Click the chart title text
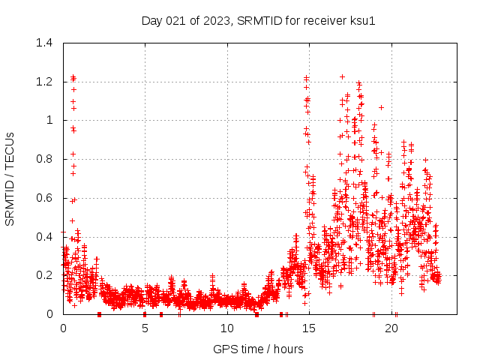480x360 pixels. [258, 20]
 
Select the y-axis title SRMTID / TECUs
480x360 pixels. [10, 178]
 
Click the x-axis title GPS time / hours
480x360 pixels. [258, 349]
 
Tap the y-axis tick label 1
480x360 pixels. [49, 120]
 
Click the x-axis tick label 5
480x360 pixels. [145, 328]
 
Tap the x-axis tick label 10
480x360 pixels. [227, 328]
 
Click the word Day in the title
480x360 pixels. [152, 20]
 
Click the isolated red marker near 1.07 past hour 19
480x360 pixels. [381, 107]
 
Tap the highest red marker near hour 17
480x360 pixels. [342, 76]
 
